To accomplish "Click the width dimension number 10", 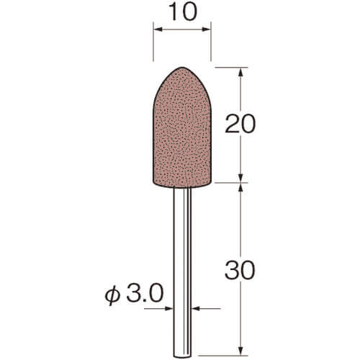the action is click(183, 12).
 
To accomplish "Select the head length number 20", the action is click(240, 124).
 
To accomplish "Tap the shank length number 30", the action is click(240, 271).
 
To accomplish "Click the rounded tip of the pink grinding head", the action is click(182, 68).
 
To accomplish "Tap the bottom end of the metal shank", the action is click(182, 356).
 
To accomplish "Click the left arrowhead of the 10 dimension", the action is click(158, 30).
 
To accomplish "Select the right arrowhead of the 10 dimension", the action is click(207, 30).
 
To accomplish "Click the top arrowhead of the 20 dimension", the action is click(241, 72).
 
